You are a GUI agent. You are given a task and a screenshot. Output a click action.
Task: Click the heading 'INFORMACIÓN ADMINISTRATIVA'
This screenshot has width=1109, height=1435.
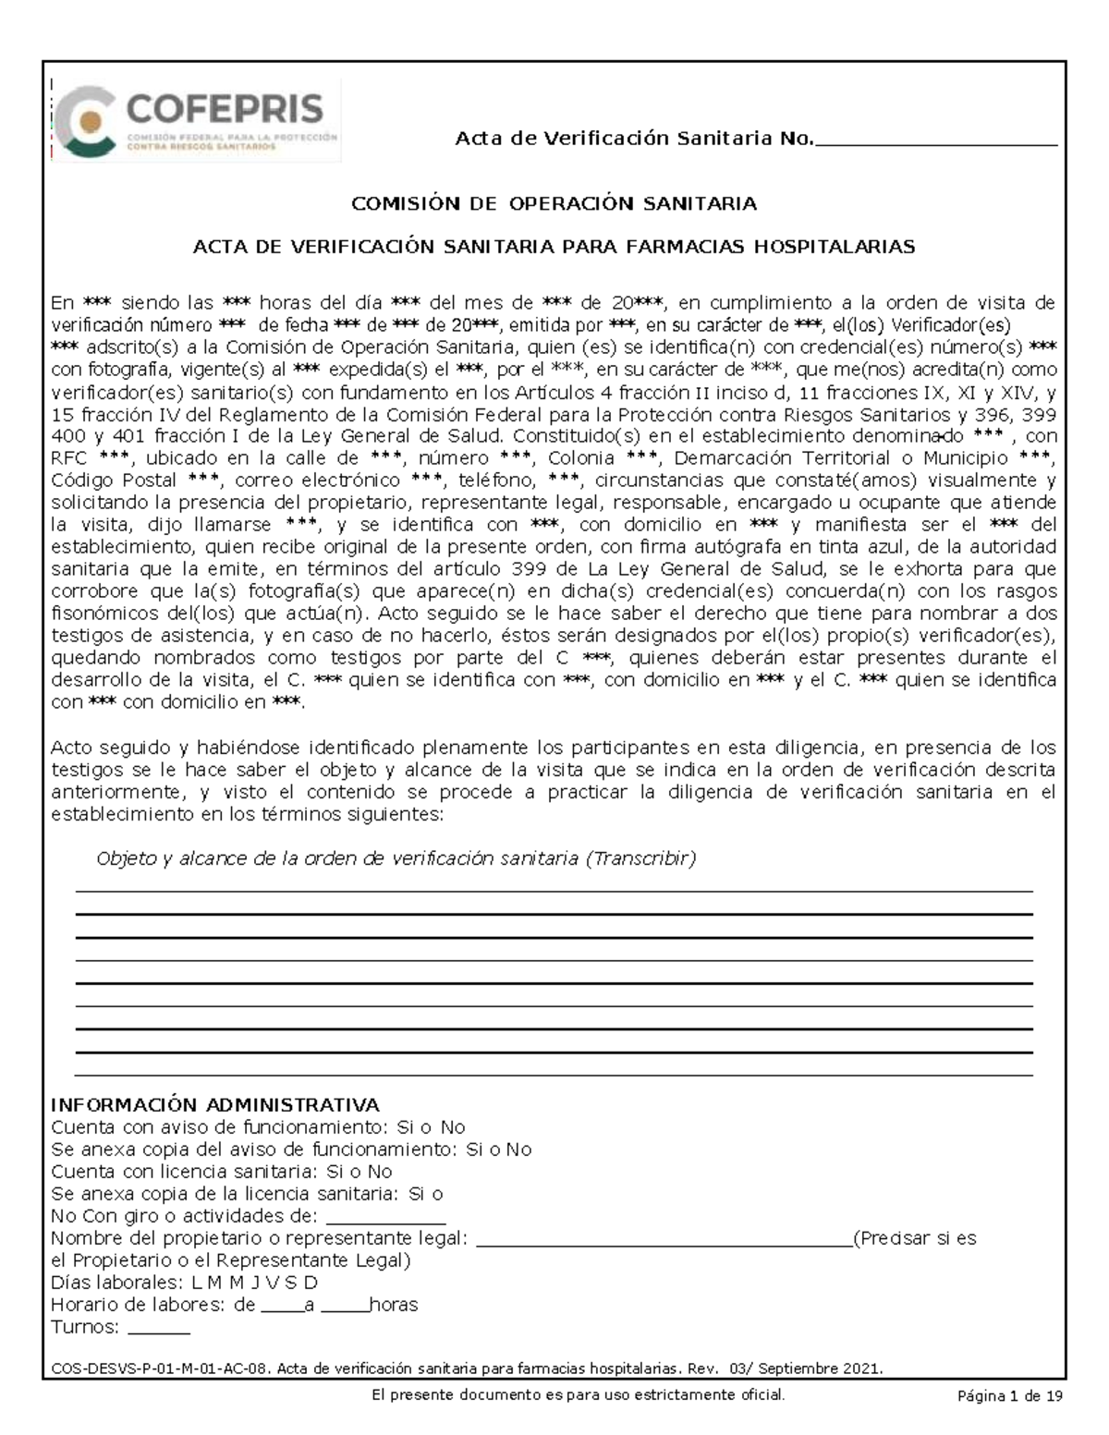[214, 1105]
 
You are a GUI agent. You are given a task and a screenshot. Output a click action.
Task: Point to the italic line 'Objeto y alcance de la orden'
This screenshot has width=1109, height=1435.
[396, 858]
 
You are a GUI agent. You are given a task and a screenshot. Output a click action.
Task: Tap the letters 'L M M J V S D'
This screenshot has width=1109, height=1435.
[254, 1283]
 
